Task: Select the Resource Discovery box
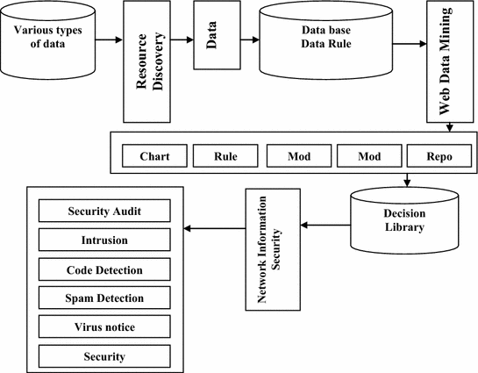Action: [x=147, y=61]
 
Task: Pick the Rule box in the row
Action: [x=225, y=156]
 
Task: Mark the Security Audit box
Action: [x=104, y=212]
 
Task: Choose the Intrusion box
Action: [x=104, y=240]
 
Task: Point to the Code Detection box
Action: [x=104, y=270]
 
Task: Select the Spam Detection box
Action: [x=104, y=299]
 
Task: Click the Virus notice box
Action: [x=104, y=328]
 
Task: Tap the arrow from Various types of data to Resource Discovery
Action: [x=108, y=40]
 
